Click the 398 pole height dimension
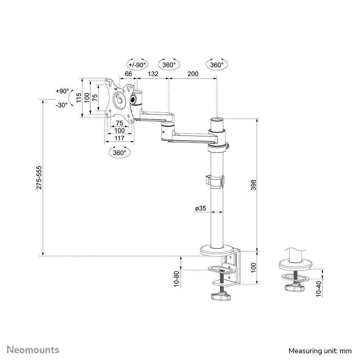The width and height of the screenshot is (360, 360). [x=254, y=184]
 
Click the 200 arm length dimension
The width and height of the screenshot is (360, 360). [x=193, y=74]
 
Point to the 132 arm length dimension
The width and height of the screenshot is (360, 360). [x=153, y=74]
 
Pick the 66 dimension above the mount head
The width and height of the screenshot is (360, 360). [x=128, y=74]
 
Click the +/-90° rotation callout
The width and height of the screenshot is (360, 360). [x=137, y=65]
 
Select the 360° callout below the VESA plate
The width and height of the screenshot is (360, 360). [x=119, y=152]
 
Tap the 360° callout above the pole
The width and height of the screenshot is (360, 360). [x=217, y=65]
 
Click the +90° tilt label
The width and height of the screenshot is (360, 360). [x=62, y=91]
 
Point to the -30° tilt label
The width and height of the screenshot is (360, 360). [x=62, y=105]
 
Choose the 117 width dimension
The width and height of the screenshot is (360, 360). [x=119, y=138]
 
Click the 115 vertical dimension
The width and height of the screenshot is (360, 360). [x=79, y=98]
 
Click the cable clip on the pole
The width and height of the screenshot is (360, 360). [x=215, y=181]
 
